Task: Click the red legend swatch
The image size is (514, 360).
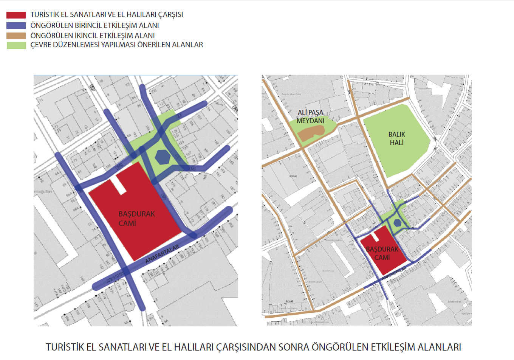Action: tap(16, 15)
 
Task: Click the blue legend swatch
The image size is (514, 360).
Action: tap(16, 26)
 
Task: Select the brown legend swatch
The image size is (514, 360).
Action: tap(16, 36)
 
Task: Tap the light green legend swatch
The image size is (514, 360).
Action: tap(16, 45)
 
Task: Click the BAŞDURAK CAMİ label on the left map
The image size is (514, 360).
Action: tap(136, 219)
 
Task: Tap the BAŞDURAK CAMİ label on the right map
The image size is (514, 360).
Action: tap(382, 253)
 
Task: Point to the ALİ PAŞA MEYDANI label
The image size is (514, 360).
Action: tap(310, 117)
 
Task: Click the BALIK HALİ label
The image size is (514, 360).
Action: tap(396, 138)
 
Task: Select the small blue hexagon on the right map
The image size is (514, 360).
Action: tap(397, 223)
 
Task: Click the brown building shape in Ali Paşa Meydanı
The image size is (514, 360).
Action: tap(311, 132)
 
